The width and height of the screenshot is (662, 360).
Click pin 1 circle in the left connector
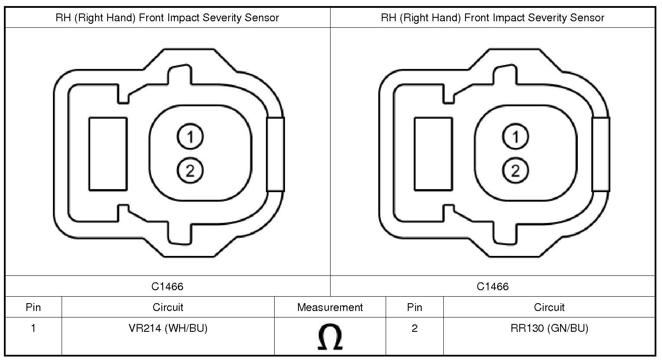pos(190,137)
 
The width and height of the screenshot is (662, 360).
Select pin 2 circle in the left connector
pos(190,170)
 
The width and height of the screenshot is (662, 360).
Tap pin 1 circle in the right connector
pos(515,137)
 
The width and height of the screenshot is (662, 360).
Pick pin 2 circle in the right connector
pos(515,170)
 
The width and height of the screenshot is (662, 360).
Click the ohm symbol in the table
pos(330,337)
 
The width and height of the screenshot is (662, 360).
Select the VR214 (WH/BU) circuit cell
pos(168,328)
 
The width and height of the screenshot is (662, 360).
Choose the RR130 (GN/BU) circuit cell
pos(549,328)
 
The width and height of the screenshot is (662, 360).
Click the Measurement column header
pos(330,308)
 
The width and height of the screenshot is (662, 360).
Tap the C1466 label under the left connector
pos(167,287)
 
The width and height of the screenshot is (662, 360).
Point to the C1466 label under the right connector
pos(493,287)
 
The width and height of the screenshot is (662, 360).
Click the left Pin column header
pos(33,308)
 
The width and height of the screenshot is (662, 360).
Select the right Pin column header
pos(414,308)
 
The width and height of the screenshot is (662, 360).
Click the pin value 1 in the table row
pos(33,328)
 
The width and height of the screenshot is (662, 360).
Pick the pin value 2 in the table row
pos(414,328)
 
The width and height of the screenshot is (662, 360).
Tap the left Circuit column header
pos(168,308)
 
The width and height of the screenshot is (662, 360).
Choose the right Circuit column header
pos(549,308)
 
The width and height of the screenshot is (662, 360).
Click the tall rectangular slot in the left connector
pos(108,154)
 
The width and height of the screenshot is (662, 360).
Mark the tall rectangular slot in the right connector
pos(433,154)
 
